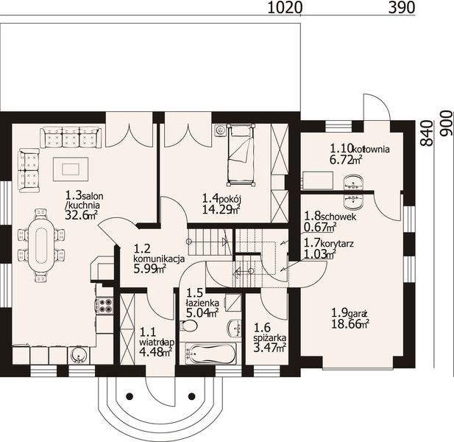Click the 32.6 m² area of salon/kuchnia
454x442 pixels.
(x=81, y=216)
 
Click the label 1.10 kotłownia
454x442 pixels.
(x=359, y=148)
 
